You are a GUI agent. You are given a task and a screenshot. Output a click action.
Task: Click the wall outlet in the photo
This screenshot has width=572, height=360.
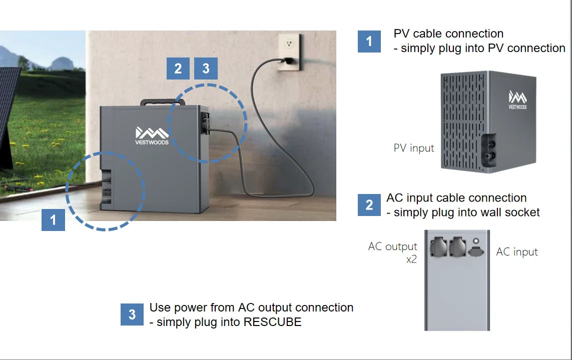tap(289, 51)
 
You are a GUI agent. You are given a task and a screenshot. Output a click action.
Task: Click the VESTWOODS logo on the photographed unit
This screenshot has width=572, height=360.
tap(152, 135)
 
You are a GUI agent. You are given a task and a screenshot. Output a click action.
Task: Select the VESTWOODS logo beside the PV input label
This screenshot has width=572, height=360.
tap(517, 99)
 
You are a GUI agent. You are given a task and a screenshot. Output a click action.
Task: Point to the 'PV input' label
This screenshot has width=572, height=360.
tap(414, 148)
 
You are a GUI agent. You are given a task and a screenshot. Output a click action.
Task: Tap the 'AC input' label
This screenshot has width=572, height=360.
tap(517, 252)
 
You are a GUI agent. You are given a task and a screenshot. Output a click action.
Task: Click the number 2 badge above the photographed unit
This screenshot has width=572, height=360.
tap(178, 68)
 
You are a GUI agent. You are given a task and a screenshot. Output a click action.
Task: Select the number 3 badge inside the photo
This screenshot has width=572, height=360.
tap(206, 68)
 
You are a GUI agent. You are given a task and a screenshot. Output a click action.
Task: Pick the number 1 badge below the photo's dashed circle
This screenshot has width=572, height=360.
tap(53, 219)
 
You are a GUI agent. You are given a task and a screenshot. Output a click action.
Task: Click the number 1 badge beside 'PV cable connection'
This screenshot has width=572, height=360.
tap(369, 41)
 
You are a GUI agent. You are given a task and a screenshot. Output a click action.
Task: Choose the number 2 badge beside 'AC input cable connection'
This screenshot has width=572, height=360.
tap(369, 205)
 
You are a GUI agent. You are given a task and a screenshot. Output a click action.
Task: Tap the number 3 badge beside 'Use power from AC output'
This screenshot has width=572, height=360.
tap(132, 314)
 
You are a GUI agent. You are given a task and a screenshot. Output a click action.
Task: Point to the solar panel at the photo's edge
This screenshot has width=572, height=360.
tap(8, 115)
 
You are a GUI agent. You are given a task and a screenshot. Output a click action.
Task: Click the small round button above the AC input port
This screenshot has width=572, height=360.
tap(476, 241)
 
